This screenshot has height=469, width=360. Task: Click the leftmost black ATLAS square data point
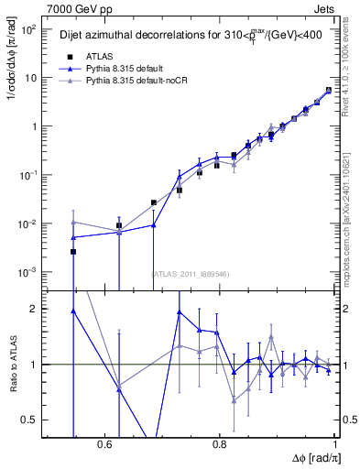pyautogui.click(x=73, y=251)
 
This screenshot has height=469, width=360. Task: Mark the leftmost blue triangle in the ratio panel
pyautogui.click(x=73, y=311)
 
